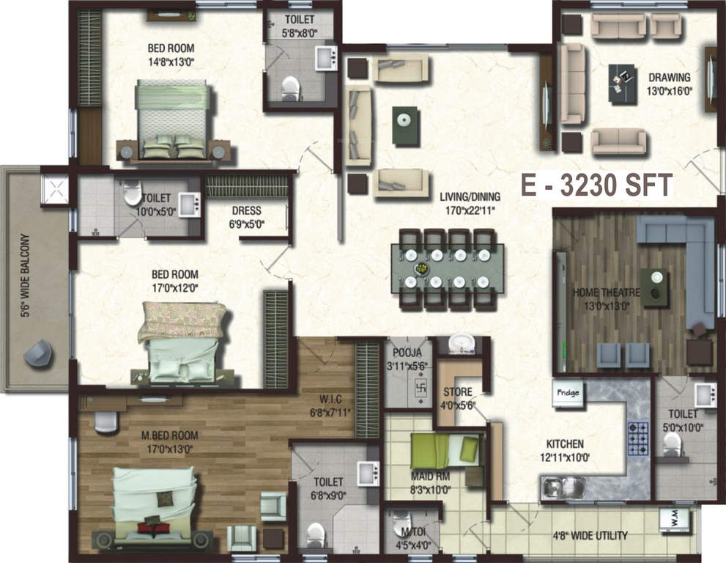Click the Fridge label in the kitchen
(x=568, y=393)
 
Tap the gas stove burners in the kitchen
(x=638, y=438)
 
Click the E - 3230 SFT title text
(x=597, y=185)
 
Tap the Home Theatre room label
(x=606, y=292)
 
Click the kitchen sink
(x=562, y=488)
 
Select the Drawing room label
(x=669, y=78)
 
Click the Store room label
(x=457, y=392)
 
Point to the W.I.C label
(x=330, y=399)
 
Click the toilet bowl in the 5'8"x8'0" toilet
(x=290, y=87)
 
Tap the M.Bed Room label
(x=169, y=435)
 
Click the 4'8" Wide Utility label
(x=590, y=536)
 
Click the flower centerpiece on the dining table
(x=422, y=268)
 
